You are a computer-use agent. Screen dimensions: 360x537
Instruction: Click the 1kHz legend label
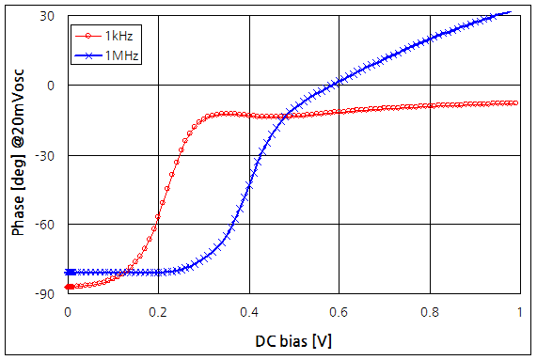point(118,36)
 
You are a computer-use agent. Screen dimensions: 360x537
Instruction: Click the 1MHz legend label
point(122,56)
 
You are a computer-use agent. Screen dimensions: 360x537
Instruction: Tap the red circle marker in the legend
point(88,36)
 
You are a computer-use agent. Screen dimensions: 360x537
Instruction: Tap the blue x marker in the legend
point(88,56)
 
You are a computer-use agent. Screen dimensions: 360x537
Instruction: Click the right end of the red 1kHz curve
point(516,102)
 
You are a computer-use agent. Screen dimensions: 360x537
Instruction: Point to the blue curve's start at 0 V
point(69,273)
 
